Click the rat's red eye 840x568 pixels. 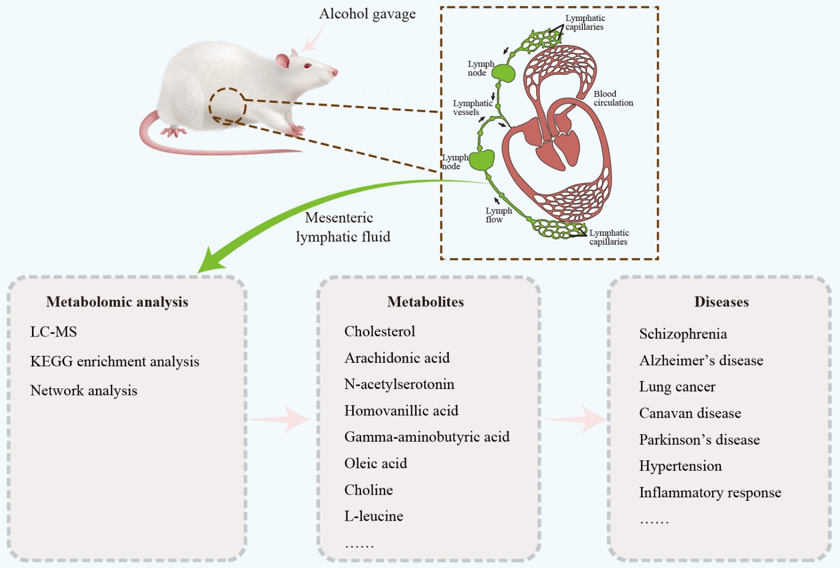click(308, 66)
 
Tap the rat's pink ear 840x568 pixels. click(283, 61)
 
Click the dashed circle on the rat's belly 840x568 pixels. click(227, 107)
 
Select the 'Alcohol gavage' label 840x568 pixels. click(367, 14)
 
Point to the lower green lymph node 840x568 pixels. click(481, 160)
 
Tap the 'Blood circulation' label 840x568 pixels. click(613, 98)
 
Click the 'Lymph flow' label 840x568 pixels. click(498, 215)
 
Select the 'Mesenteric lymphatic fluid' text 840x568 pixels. click(342, 227)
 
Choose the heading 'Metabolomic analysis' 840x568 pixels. click(117, 302)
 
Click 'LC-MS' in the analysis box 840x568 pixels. click(54, 332)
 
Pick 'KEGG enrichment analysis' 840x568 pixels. click(114, 362)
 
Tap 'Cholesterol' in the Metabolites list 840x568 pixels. click(380, 331)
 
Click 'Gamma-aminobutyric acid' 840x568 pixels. click(427, 437)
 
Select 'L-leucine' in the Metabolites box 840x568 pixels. click(374, 516)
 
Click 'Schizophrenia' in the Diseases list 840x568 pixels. click(683, 334)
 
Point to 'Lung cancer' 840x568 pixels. click(677, 387)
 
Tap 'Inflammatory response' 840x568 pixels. click(710, 492)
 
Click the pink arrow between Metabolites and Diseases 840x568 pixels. click(575, 419)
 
